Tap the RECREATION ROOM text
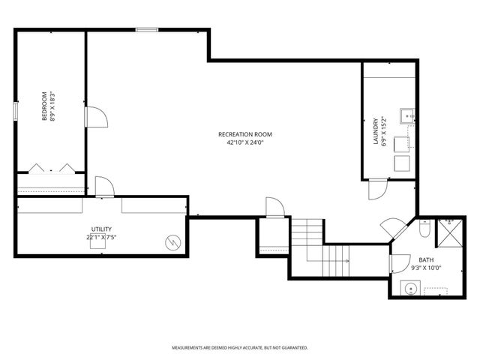245,134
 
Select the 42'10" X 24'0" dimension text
245,142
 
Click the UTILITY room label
101,229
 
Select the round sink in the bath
408,287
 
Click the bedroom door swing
97,117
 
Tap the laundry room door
375,188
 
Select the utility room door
104,187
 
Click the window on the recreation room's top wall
147,30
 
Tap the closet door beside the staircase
275,208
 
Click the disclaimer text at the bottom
240,348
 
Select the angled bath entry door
392,228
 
